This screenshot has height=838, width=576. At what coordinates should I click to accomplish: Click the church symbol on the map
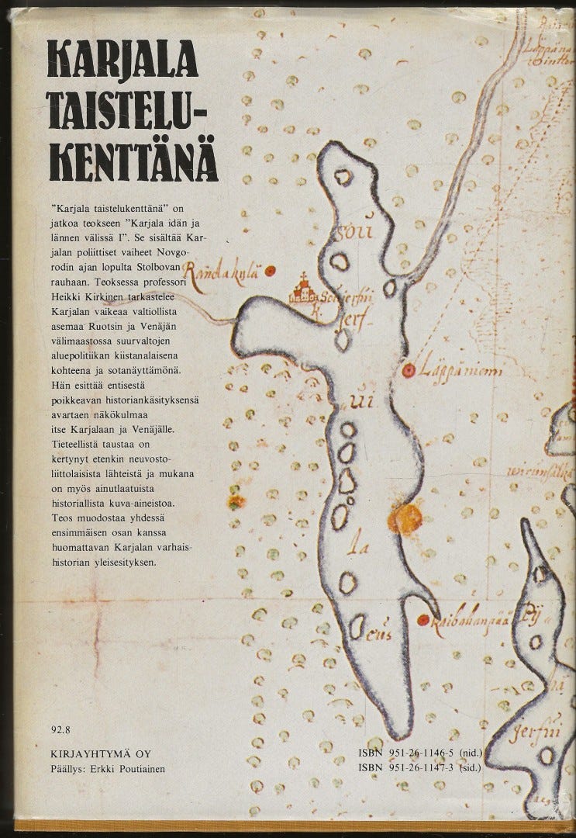tap(303, 291)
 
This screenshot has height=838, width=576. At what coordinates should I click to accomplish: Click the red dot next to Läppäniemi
tap(407, 372)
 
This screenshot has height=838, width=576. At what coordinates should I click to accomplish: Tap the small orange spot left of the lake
tap(233, 501)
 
